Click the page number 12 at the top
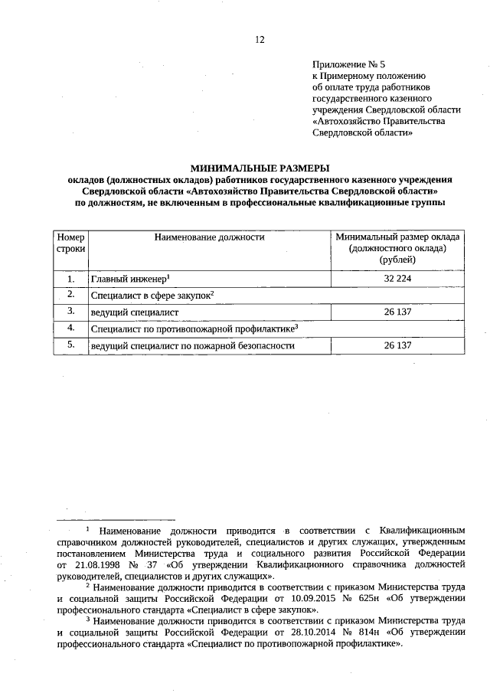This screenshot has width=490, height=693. (x=260, y=40)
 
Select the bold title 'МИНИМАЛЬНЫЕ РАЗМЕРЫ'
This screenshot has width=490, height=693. (x=259, y=167)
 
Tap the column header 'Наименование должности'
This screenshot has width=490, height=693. (x=209, y=237)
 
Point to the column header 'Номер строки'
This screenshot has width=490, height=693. (x=70, y=244)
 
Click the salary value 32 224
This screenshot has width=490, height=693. (x=397, y=279)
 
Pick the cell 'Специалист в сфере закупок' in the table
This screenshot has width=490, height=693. (x=151, y=296)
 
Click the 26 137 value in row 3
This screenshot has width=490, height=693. (x=397, y=312)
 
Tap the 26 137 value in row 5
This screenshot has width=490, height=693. (x=397, y=346)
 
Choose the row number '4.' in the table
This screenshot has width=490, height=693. (x=70, y=329)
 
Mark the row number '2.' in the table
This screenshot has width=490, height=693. (x=70, y=295)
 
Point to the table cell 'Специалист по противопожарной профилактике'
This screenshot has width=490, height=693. (x=193, y=329)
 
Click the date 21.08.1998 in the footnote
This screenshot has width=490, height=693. (x=96, y=564)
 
